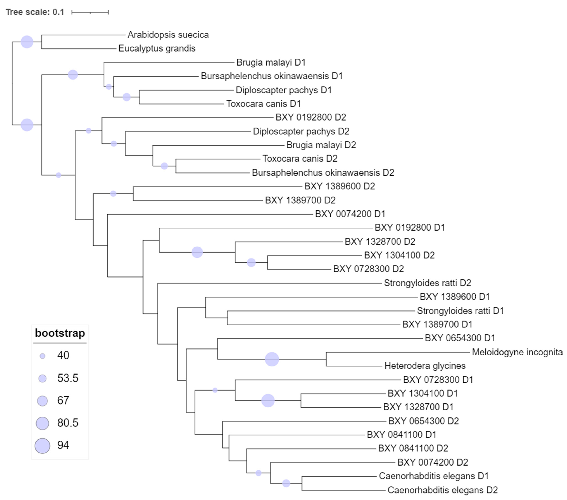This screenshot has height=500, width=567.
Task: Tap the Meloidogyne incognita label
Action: [517, 352]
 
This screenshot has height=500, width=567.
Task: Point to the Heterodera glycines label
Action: [425, 366]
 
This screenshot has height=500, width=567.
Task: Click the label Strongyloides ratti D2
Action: [427, 283]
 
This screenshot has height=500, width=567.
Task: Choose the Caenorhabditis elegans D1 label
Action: [433, 476]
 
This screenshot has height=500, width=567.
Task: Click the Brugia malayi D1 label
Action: [271, 62]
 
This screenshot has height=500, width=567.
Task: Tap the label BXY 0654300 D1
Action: [460, 338]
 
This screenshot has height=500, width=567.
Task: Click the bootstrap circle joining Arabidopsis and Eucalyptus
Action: [27, 42]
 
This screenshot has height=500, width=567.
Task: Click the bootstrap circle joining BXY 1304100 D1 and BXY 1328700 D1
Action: [268, 400]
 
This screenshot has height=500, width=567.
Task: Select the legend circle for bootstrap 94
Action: [42, 446]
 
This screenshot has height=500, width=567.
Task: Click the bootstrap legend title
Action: [60, 333]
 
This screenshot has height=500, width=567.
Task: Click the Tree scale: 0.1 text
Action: [35, 12]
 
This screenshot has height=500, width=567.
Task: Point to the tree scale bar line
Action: [90, 12]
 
